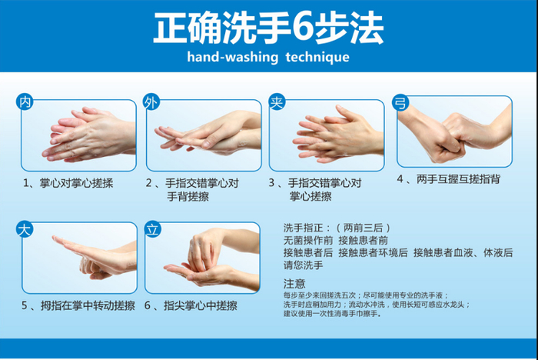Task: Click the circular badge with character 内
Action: point(25,102)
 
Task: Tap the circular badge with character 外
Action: point(151,102)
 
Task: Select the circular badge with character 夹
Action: point(277,102)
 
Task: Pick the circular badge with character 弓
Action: point(400,102)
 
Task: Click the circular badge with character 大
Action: point(25,229)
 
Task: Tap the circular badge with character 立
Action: point(152,229)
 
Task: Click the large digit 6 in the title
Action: point(303,28)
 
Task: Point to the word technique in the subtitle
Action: point(317,58)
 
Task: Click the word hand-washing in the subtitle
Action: point(233,58)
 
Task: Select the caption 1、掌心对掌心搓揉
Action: point(68,183)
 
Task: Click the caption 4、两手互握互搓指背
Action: point(448,179)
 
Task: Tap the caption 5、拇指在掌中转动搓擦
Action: point(78,305)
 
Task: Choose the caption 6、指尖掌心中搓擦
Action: point(191,305)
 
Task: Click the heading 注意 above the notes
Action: point(294,284)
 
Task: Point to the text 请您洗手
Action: point(304,265)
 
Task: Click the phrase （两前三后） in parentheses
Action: point(363,228)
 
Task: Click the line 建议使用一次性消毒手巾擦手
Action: point(332,314)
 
